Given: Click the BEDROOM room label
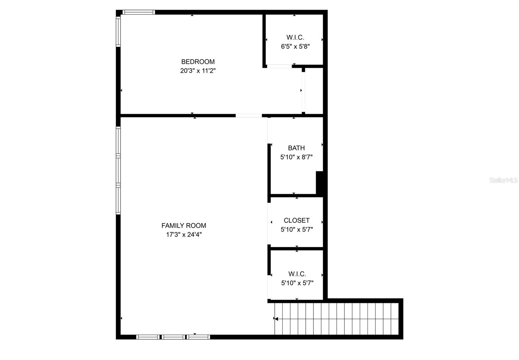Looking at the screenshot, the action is click(x=198, y=62).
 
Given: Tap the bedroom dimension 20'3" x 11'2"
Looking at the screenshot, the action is click(x=198, y=71).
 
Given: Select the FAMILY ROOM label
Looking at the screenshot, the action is click(x=184, y=225).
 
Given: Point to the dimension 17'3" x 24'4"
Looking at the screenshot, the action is click(x=184, y=235).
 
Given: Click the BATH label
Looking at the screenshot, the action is click(x=296, y=148).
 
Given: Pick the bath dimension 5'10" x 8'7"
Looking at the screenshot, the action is click(x=296, y=157).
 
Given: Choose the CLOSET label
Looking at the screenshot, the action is click(x=296, y=220).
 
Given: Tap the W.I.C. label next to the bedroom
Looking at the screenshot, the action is click(x=295, y=37).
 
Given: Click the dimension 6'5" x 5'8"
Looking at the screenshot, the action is click(x=295, y=46).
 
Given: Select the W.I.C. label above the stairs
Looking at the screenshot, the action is click(x=297, y=274).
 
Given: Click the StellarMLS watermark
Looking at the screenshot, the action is click(x=503, y=180).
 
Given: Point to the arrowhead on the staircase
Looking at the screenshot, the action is click(x=276, y=319).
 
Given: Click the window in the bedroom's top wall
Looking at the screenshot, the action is click(x=139, y=12).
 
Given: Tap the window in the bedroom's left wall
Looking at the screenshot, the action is click(x=118, y=31).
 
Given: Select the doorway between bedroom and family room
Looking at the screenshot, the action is click(x=248, y=115).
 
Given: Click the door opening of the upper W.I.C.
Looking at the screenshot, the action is click(x=279, y=66).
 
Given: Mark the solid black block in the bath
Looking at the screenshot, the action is click(x=320, y=183).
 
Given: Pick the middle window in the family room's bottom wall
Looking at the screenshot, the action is click(x=173, y=337).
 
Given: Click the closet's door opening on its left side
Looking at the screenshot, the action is click(x=269, y=224).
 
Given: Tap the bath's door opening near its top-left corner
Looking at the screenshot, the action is click(x=269, y=130).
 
